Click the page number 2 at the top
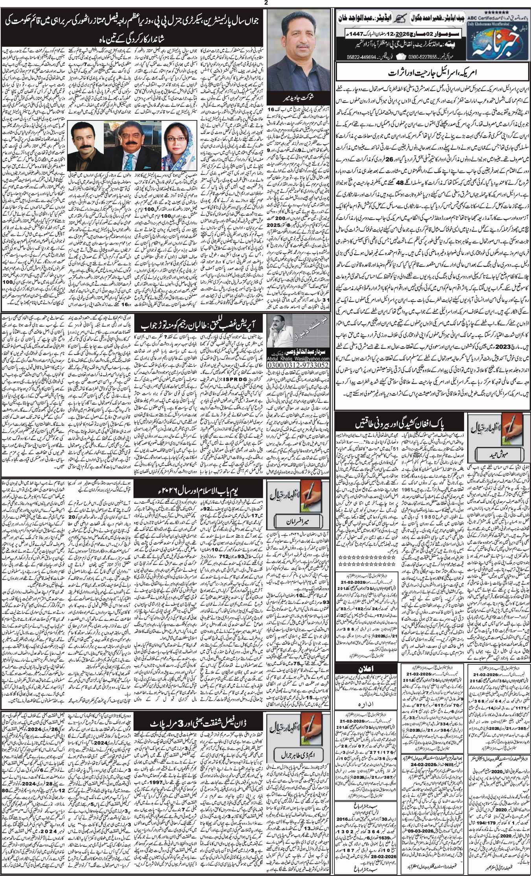click(x=266, y=3)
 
